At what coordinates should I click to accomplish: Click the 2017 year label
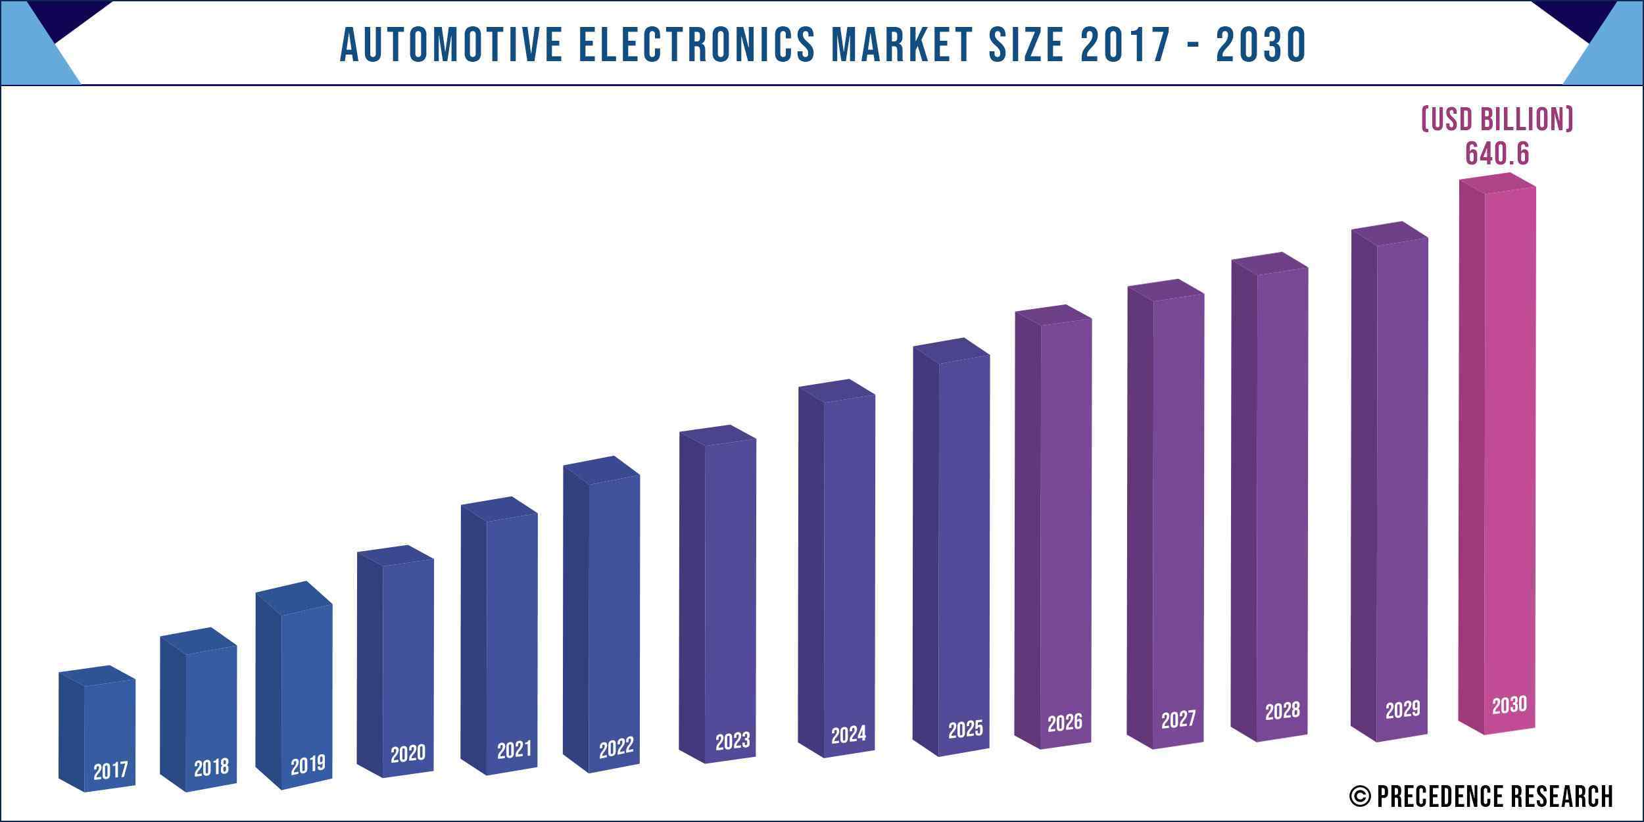click(110, 770)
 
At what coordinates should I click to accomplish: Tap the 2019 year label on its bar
click(308, 764)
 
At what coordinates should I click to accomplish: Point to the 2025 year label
click(965, 729)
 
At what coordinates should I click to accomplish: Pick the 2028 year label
click(1282, 711)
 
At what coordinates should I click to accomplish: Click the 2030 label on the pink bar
click(1509, 705)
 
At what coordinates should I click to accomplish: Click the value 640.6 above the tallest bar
click(1497, 154)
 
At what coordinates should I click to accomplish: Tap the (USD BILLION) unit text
click(1497, 119)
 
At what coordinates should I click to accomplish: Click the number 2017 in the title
click(1126, 45)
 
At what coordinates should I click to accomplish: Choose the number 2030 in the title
click(1261, 45)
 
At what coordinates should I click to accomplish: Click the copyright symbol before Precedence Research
click(1359, 796)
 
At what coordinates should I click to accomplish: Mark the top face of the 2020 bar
click(395, 556)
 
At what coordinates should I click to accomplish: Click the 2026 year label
click(1065, 723)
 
